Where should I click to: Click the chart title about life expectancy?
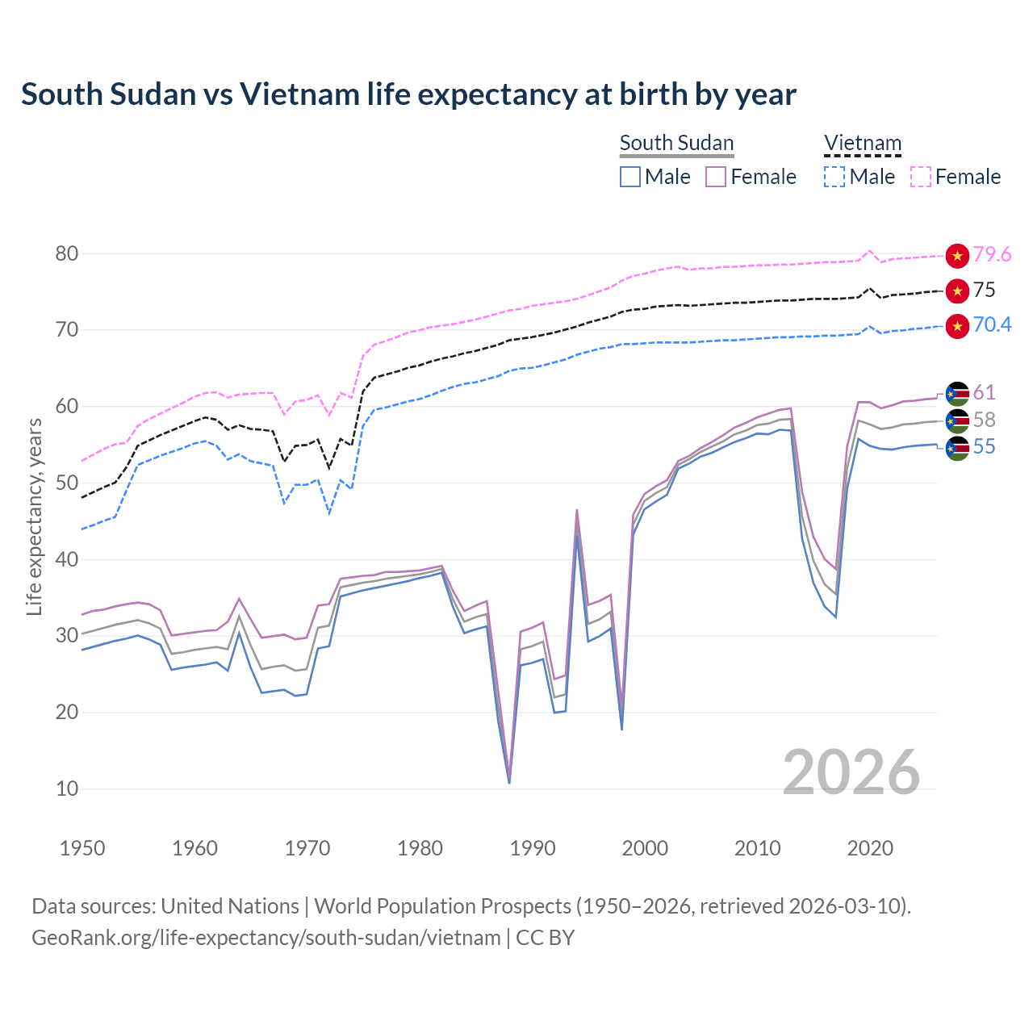click(x=408, y=94)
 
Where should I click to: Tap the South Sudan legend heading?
click(x=676, y=143)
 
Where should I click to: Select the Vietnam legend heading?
click(x=862, y=143)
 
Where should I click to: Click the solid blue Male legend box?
click(x=630, y=177)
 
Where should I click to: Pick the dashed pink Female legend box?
click(x=921, y=177)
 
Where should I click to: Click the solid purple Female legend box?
click(x=716, y=177)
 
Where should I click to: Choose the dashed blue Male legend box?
click(x=834, y=177)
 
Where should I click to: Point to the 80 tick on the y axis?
click(x=67, y=253)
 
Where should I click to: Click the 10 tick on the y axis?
click(x=67, y=788)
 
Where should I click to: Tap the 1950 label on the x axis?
click(x=82, y=848)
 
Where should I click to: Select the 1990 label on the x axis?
click(x=533, y=848)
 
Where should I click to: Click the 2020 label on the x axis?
click(x=870, y=848)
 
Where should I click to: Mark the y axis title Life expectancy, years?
click(x=34, y=516)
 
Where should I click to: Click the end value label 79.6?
click(x=992, y=255)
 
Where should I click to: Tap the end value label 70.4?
click(x=992, y=325)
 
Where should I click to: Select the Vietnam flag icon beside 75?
click(x=957, y=291)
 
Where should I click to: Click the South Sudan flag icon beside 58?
click(x=957, y=420)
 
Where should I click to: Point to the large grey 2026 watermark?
click(x=851, y=772)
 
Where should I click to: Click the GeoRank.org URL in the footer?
click(x=266, y=938)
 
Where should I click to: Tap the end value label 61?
click(x=984, y=393)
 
